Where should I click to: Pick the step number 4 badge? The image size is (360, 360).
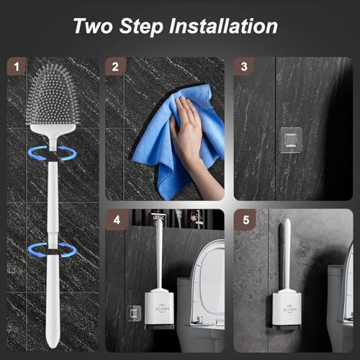click(x=114, y=218)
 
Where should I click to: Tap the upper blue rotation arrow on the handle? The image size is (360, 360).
click(x=53, y=152)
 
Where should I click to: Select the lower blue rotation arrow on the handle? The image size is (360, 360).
click(x=53, y=249)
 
